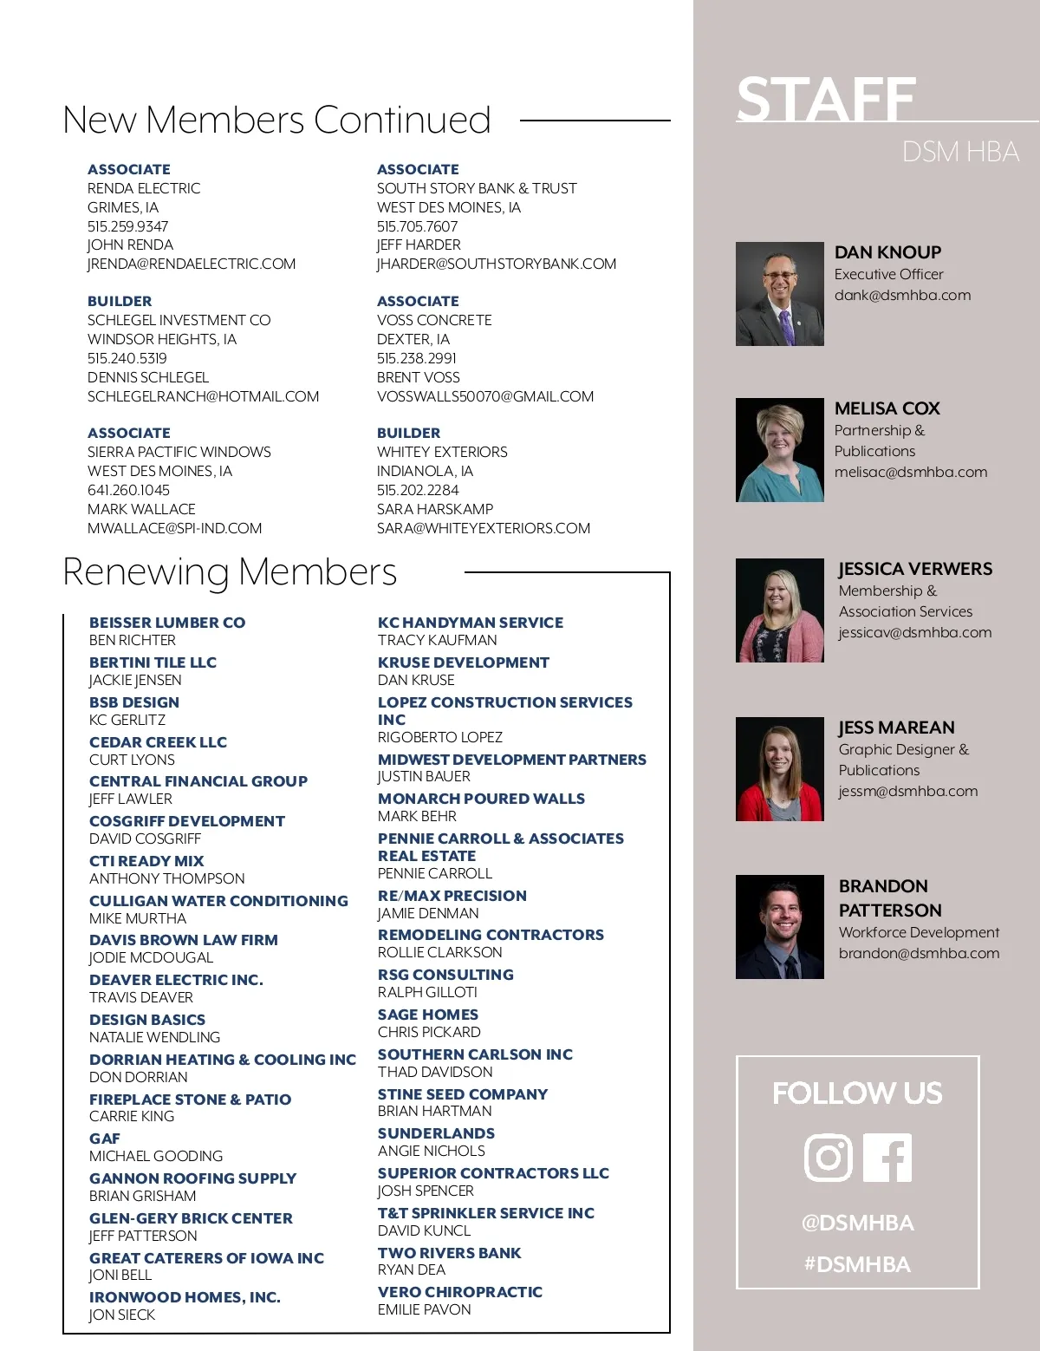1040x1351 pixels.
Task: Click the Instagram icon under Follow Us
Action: [829, 1157]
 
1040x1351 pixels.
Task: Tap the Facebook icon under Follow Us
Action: [887, 1157]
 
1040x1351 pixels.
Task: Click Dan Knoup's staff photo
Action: [779, 294]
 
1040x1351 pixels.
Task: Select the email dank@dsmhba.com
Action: [902, 295]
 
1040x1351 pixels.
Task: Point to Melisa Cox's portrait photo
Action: [779, 450]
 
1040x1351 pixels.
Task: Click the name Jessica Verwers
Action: [915, 569]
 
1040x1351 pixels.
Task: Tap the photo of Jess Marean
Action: [779, 769]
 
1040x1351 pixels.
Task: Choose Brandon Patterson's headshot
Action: [779, 927]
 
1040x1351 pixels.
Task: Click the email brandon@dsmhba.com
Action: [919, 953]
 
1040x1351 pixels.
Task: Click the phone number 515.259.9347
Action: [127, 226]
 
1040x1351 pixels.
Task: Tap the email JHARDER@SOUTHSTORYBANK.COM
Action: [497, 264]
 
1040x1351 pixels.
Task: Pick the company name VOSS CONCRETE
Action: [434, 320]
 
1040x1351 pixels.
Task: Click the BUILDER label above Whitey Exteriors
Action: [408, 433]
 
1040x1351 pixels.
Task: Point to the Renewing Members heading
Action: [230, 571]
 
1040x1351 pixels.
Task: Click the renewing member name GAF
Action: [105, 1139]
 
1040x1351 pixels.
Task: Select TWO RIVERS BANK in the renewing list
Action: [449, 1253]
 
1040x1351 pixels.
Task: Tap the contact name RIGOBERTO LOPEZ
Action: [439, 737]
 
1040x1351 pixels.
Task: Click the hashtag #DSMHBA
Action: [857, 1264]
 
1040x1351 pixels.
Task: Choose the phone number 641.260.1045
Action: [128, 490]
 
